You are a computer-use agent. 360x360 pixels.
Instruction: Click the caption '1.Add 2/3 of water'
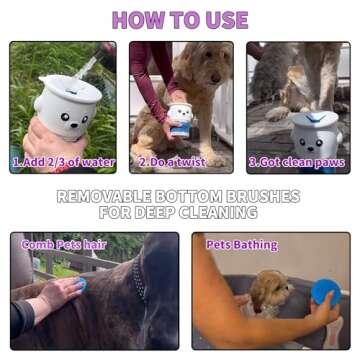(x=63, y=162)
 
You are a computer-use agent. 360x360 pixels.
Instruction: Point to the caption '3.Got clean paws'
(x=297, y=162)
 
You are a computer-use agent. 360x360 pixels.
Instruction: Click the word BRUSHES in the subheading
(x=265, y=196)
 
